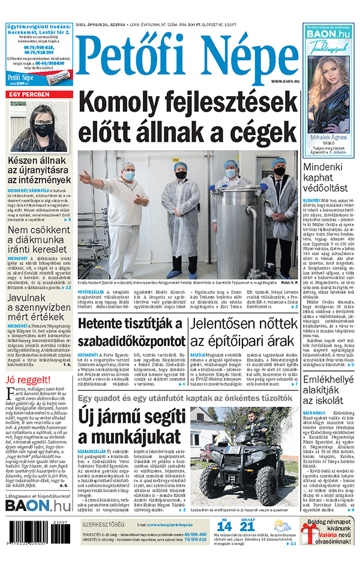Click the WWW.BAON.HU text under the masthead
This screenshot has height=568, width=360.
point(283,81)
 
